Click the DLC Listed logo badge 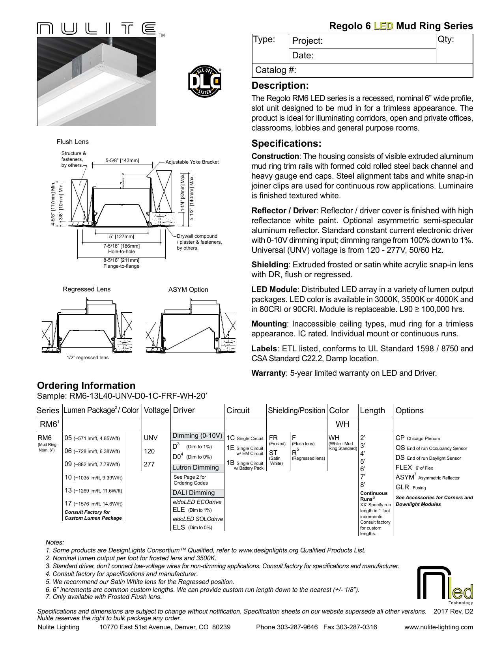pyautogui.click(x=205, y=81)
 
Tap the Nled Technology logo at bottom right pyautogui.click(x=445, y=586)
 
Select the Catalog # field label pyautogui.click(x=275, y=70)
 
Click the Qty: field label pyautogui.click(x=446, y=39)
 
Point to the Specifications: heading pyautogui.click(x=286, y=144)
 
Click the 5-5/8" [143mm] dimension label pyautogui.click(x=122, y=160)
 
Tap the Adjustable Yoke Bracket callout pyautogui.click(x=192, y=162)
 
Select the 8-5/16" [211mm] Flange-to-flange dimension pyautogui.click(x=122, y=263)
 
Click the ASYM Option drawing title pyautogui.click(x=188, y=289)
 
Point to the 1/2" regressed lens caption pyautogui.click(x=88, y=358)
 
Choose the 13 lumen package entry pyautogui.click(x=93, y=491)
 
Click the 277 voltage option pyautogui.click(x=149, y=464)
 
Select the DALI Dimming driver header pyautogui.click(x=194, y=493)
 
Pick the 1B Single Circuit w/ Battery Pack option pyautogui.click(x=245, y=465)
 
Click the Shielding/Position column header pyautogui.click(x=296, y=410)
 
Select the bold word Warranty pyautogui.click(x=268, y=373)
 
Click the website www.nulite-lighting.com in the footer pyautogui.click(x=438, y=627)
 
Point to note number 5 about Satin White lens pyautogui.click(x=140, y=582)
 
